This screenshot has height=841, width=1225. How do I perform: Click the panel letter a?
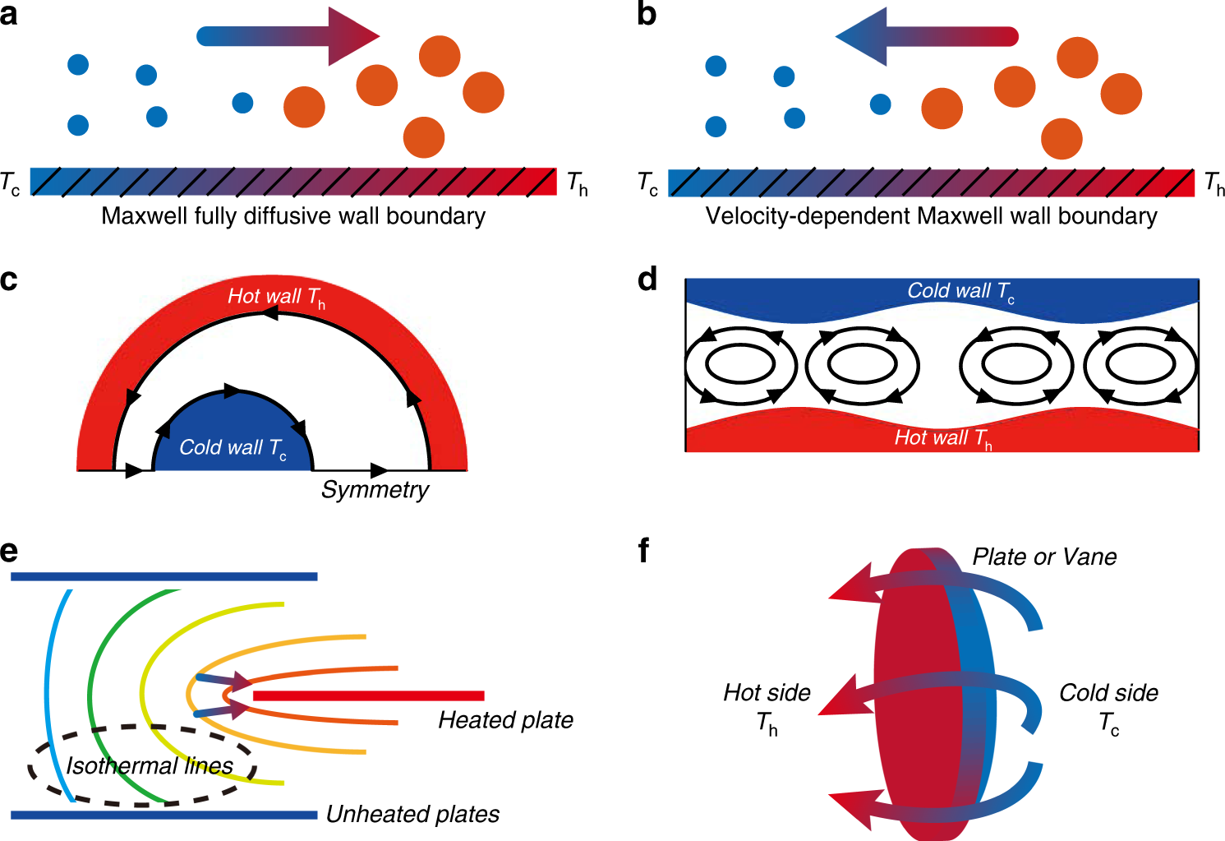tap(9, 15)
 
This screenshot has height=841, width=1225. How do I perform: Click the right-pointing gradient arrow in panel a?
tap(288, 36)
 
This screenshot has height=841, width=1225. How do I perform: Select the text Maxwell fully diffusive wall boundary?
tap(293, 216)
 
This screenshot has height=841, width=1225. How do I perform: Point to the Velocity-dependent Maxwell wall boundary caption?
tap(931, 216)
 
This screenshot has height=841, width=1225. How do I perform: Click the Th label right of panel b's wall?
tap(1213, 183)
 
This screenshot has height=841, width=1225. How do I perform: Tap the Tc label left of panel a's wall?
tap(11, 183)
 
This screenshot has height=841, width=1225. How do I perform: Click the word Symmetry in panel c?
tap(375, 490)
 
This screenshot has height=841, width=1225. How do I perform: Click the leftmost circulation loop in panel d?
tap(741, 365)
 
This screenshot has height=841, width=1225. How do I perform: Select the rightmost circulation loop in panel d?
tap(1140, 365)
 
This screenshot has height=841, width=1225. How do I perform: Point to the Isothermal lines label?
tap(150, 766)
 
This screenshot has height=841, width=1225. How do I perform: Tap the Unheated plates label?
tap(412, 814)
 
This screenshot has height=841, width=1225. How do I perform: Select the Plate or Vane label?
tap(1044, 557)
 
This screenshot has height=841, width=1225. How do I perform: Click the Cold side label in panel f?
tap(1108, 694)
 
